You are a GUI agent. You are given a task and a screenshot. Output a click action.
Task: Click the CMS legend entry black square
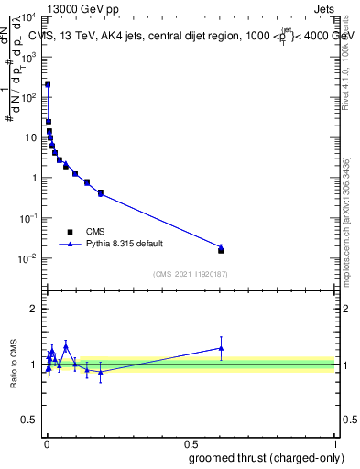(x=70, y=232)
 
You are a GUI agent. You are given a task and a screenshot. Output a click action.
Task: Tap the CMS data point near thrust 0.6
(x=221, y=250)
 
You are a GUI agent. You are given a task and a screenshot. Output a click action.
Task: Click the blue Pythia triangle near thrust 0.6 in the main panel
(x=221, y=246)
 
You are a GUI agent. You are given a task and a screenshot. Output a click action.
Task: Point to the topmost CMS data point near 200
(x=48, y=84)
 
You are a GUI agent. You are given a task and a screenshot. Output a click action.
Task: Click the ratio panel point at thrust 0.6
(x=221, y=348)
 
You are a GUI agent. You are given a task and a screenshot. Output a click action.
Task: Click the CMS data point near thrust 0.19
(x=101, y=193)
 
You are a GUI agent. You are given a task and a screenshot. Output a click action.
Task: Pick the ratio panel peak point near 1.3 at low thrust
(x=65, y=347)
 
